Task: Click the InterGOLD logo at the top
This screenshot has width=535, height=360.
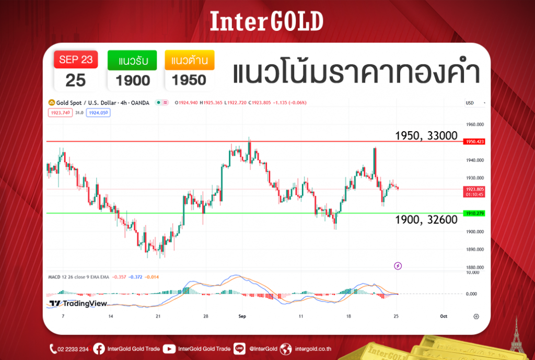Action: [x=267, y=21]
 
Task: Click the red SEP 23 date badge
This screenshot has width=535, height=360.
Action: [x=76, y=60]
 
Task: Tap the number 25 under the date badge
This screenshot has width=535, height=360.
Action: [x=76, y=80]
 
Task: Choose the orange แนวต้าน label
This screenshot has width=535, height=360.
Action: [x=190, y=61]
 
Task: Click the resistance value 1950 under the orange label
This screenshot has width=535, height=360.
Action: [x=190, y=80]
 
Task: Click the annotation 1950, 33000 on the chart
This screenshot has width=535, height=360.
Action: [x=426, y=136]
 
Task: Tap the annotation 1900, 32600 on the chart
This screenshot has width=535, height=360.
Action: [x=426, y=220]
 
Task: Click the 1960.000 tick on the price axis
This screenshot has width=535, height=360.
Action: [x=475, y=124]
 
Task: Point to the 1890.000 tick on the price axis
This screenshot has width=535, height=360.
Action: [x=475, y=250]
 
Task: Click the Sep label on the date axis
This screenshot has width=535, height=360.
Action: [x=242, y=317]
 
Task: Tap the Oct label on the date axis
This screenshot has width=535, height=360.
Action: [x=444, y=317]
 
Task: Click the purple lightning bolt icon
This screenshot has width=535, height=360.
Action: [x=398, y=266]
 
